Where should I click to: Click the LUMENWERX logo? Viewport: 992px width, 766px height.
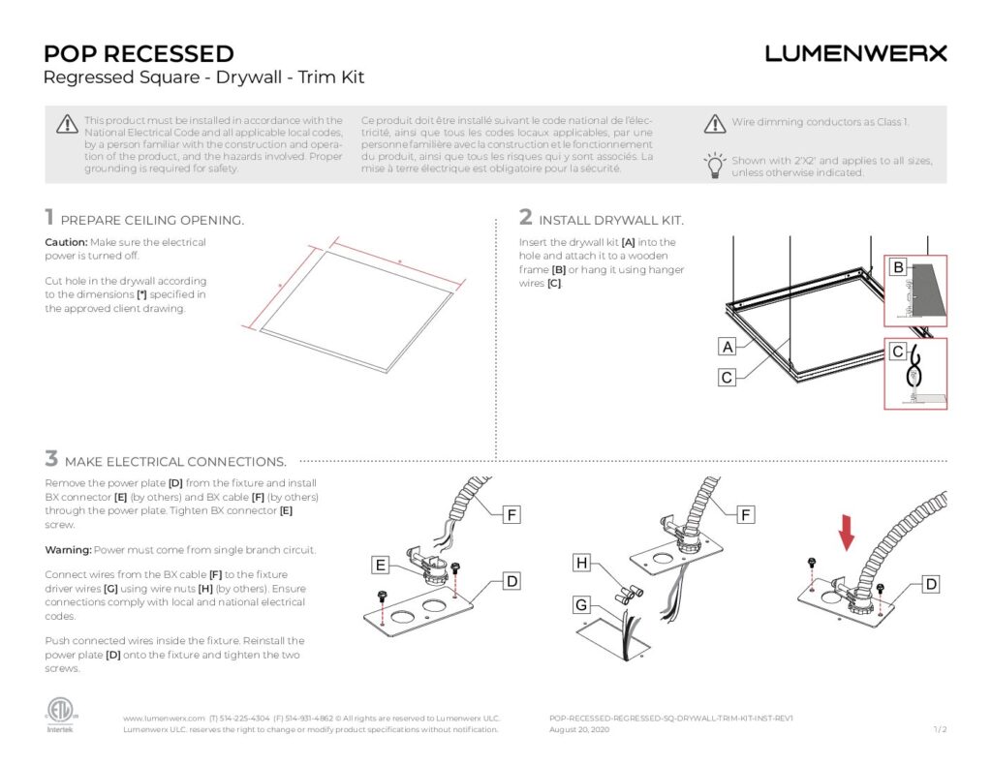click(x=855, y=54)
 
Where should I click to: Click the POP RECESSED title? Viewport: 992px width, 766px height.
click(x=139, y=53)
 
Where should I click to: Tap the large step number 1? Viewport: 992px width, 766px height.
click(x=48, y=218)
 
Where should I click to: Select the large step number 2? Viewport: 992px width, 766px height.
click(x=526, y=218)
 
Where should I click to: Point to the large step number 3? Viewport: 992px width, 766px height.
click(x=51, y=459)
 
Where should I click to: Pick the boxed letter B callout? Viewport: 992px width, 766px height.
click(x=898, y=267)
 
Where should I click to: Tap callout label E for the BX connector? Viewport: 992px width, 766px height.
click(x=383, y=565)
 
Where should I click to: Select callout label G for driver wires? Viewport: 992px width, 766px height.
click(x=581, y=605)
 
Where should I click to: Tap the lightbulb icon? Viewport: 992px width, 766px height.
click(x=714, y=165)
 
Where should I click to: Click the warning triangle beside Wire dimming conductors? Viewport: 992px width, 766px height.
click(x=714, y=123)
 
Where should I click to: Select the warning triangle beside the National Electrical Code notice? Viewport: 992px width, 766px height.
click(x=66, y=123)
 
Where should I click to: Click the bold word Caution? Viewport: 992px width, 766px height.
click(x=66, y=242)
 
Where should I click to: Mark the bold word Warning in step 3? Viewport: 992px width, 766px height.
click(x=69, y=550)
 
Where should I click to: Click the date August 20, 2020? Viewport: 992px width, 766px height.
click(x=579, y=729)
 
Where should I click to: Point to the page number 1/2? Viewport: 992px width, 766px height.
click(x=939, y=729)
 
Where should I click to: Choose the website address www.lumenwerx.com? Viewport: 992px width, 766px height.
click(x=164, y=719)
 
